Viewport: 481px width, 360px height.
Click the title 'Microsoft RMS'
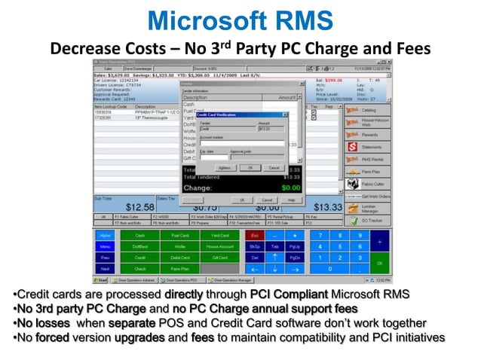tap(240, 20)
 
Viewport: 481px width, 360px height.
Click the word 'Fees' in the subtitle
tap(410, 48)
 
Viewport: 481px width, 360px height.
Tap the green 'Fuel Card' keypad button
tap(179, 236)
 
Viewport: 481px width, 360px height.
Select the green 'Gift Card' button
tap(219, 257)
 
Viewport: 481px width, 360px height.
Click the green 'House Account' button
tap(219, 246)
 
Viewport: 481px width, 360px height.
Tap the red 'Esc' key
tap(254, 236)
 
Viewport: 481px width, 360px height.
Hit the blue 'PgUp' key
tap(294, 246)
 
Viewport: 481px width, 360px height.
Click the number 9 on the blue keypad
tap(360, 236)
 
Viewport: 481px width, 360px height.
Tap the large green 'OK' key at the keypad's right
tap(380, 263)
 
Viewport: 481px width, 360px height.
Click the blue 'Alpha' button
tap(105, 236)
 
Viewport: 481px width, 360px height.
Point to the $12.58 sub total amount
tap(139, 207)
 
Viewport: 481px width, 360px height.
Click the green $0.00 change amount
tap(290, 187)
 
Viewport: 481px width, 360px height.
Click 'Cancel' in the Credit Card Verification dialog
tap(274, 167)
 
